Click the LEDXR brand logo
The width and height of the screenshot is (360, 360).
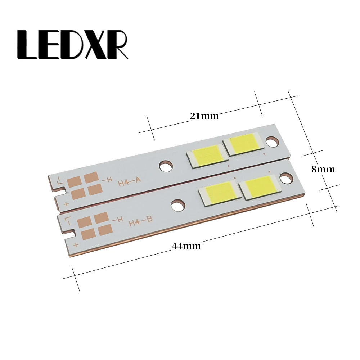click(73, 45)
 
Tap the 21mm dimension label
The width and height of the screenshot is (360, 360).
click(204, 116)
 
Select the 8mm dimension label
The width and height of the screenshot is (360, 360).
click(323, 170)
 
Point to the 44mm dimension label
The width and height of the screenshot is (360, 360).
click(186, 246)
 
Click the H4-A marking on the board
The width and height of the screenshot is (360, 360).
click(129, 182)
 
